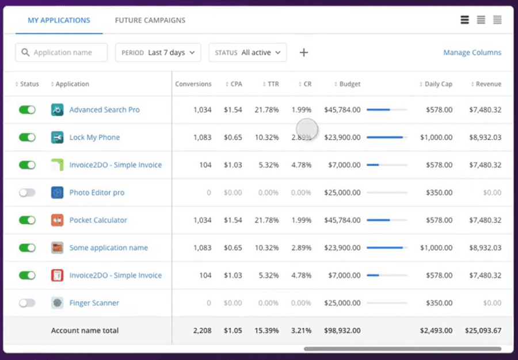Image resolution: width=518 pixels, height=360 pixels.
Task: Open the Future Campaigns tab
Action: tap(150, 20)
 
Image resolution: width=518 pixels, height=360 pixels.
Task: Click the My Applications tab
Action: tap(59, 20)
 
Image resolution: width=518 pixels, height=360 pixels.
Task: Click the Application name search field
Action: tap(62, 52)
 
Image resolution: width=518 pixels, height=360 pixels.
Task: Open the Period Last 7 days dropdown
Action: tap(158, 52)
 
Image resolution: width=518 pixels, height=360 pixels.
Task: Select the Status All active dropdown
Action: tap(247, 52)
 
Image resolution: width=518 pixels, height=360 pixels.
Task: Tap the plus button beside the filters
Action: tap(304, 52)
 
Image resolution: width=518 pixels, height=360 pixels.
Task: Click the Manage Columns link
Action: tap(472, 52)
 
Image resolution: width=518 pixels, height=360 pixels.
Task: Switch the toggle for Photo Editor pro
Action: tap(27, 193)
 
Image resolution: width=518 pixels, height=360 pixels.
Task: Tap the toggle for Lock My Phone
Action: tap(27, 137)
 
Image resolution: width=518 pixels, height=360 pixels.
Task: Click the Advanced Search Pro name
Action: tap(104, 110)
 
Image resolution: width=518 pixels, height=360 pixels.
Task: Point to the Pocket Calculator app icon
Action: tap(57, 220)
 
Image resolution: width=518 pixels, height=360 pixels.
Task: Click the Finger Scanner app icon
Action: tap(57, 303)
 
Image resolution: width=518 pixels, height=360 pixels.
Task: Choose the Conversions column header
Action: tap(193, 84)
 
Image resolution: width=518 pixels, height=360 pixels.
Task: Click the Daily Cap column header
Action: tap(438, 84)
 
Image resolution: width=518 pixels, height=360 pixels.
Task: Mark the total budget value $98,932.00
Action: tap(342, 331)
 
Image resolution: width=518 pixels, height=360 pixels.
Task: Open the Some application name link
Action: tap(108, 248)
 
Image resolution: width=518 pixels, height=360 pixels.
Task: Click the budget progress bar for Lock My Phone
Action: tap(387, 137)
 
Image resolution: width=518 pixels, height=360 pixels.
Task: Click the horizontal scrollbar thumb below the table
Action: tap(402, 348)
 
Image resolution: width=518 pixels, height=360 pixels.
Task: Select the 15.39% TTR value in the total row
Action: tap(268, 331)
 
